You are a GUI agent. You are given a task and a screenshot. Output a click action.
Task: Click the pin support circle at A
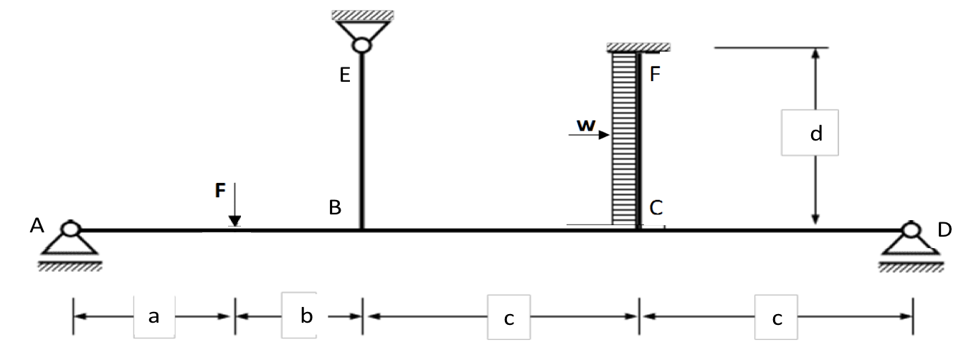[70, 229]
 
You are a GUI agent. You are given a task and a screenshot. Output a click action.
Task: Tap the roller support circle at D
[912, 229]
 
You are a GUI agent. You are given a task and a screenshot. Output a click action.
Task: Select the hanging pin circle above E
[361, 45]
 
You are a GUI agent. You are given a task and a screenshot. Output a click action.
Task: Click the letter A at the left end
[37, 227]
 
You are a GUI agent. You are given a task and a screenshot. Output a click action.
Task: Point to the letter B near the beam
[334, 208]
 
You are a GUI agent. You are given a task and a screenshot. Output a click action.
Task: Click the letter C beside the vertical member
[656, 208]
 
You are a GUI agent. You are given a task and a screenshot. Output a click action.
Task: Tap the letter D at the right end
[945, 229]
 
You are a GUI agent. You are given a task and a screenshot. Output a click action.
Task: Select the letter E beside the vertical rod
[344, 76]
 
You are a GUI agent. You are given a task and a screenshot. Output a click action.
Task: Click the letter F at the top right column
[654, 74]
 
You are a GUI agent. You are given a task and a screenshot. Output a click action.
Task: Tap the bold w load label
[586, 125]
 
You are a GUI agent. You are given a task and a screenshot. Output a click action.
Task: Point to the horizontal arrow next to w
[593, 134]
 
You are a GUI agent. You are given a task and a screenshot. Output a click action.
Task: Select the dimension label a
[153, 316]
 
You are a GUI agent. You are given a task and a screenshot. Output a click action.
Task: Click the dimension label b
[307, 316]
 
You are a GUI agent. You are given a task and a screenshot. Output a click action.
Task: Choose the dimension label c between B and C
[508, 318]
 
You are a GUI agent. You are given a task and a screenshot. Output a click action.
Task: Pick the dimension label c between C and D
[776, 318]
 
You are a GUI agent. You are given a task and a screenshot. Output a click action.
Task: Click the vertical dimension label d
[815, 133]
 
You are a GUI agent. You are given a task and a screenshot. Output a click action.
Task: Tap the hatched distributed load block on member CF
[623, 136]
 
